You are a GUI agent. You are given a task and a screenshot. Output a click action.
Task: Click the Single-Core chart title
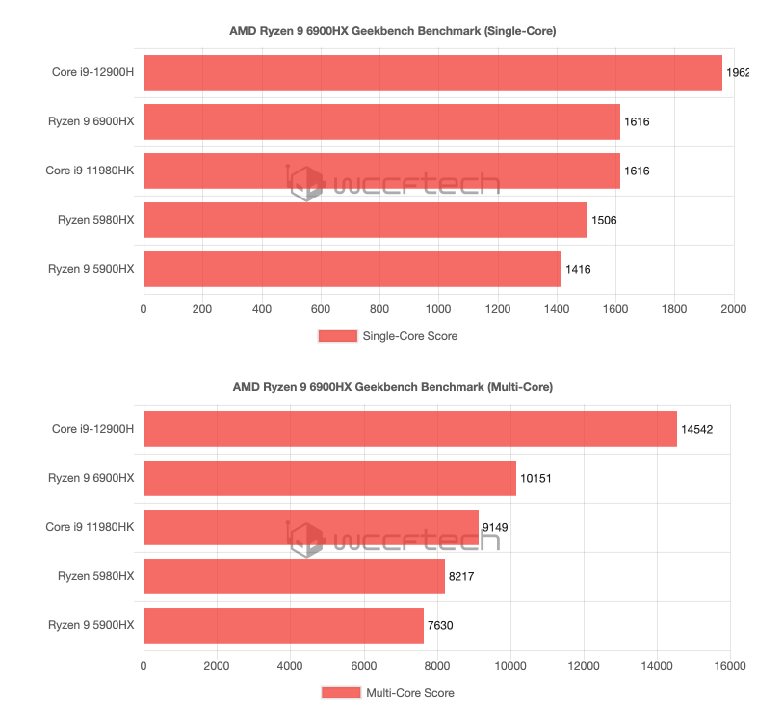click(x=392, y=31)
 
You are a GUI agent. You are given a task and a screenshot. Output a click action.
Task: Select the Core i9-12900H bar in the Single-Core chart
click(x=432, y=72)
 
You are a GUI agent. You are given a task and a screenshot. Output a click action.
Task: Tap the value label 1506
click(x=604, y=221)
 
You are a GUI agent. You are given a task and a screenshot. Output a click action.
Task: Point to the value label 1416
click(x=578, y=270)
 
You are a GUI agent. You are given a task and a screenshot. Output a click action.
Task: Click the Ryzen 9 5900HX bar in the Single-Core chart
click(x=352, y=270)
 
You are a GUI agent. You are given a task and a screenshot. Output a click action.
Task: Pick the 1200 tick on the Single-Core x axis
click(x=497, y=309)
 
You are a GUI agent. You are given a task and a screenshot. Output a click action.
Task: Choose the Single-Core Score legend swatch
click(x=337, y=336)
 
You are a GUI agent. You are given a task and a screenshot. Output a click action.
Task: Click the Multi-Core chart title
click(x=392, y=387)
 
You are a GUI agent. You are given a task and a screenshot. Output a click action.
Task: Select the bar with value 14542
click(x=410, y=429)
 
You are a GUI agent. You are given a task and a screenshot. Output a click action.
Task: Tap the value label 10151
click(x=535, y=478)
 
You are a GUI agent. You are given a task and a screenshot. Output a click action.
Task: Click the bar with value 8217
click(x=294, y=576)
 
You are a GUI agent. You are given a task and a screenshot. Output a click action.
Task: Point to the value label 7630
click(x=440, y=625)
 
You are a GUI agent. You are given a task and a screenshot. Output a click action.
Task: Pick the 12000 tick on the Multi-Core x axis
click(x=584, y=665)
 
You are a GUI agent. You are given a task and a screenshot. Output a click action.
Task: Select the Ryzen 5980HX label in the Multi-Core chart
click(x=95, y=576)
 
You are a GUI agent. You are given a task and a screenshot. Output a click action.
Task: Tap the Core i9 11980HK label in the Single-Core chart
click(x=90, y=171)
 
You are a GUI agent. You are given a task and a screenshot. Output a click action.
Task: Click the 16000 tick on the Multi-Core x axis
click(x=730, y=665)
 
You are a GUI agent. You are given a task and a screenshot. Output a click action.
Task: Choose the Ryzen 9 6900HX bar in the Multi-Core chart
click(x=329, y=478)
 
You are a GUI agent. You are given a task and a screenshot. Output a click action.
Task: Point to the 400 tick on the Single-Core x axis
click(x=262, y=309)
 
